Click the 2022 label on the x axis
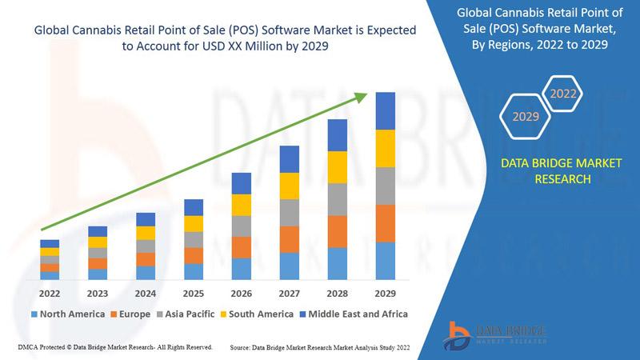[50, 293]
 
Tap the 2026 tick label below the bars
[241, 293]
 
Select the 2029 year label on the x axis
[385, 293]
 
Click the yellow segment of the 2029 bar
[386, 148]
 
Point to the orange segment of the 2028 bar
[338, 231]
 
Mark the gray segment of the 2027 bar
[290, 212]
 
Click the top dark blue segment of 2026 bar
[242, 183]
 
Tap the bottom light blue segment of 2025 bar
[194, 271]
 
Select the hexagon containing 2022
[562, 94]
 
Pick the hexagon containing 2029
[526, 117]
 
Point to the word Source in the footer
[245, 348]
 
